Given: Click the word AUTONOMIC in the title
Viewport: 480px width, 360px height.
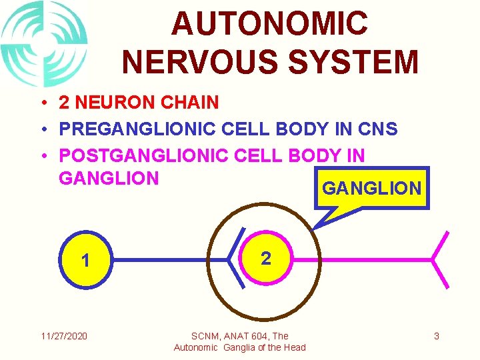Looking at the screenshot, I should point(269,23).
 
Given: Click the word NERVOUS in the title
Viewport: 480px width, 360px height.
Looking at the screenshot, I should point(197,62).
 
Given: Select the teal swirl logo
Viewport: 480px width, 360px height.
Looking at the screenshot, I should point(44,44).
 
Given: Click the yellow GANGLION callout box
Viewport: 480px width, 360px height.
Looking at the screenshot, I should point(371,188).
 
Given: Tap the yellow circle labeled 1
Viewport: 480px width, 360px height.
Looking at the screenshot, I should point(86,259).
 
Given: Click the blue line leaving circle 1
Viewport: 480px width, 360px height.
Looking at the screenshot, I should point(167,259).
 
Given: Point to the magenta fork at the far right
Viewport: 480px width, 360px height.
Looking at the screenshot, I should point(440,259).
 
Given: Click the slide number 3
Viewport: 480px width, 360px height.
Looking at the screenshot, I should point(437,336).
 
